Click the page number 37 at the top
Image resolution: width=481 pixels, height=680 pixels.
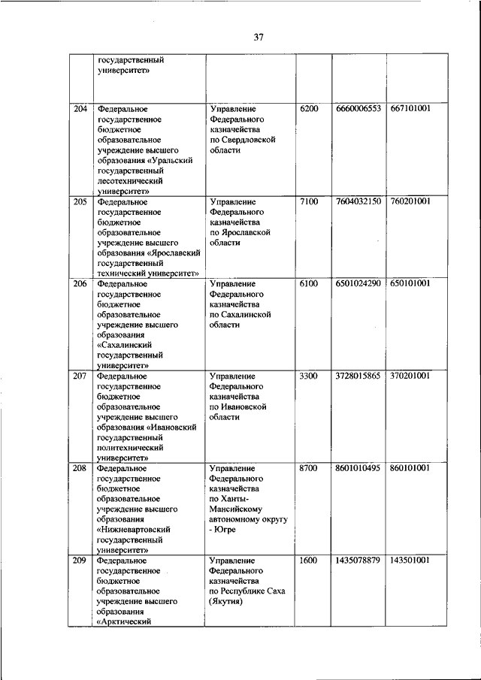pos(258,36)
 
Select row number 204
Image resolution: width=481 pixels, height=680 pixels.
pos(80,109)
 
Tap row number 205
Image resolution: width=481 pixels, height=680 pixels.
pos(80,202)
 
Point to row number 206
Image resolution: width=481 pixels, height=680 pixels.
pos(80,283)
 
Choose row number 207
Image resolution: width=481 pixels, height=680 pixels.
pos(80,375)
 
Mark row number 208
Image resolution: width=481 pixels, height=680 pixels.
pos(80,468)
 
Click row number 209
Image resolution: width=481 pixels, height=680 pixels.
pos(80,561)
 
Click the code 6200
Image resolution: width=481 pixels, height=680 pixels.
pos(309,109)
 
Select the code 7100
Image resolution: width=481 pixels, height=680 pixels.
pos(309,202)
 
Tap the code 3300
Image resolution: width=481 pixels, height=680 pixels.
pos(309,375)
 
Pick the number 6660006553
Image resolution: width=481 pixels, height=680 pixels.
pos(358,109)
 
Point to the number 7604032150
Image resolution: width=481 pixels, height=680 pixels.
pos(358,202)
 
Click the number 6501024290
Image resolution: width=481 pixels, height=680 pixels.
pos(358,283)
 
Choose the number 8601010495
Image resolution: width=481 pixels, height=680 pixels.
pos(358,468)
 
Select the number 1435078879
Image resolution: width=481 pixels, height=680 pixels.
pos(358,561)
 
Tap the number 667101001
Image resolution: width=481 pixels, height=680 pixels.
pos(410,109)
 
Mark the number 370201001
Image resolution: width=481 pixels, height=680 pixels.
pos(410,375)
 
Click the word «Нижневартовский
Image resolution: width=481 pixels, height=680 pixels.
pos(134,529)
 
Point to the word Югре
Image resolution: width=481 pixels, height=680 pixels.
pos(225,530)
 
